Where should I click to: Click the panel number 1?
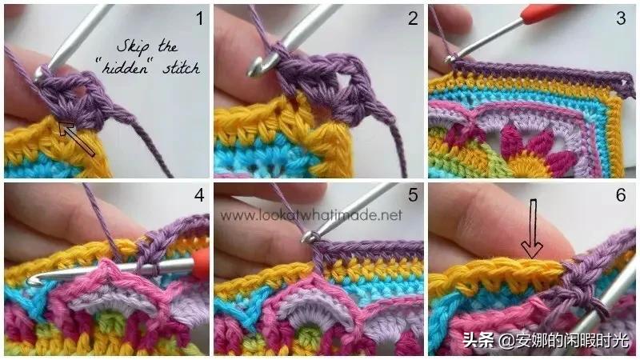(x=199, y=18)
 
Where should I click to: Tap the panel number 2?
(x=413, y=18)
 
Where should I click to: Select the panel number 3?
(x=621, y=18)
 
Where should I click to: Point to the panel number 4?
(x=199, y=195)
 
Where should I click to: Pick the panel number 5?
(x=413, y=194)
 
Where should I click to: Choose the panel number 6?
(x=621, y=194)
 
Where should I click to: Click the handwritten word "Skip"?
(x=133, y=47)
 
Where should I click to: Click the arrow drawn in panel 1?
(x=77, y=138)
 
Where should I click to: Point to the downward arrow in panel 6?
(x=533, y=229)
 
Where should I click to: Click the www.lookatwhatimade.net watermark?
(x=311, y=215)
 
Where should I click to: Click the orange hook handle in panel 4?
(x=201, y=265)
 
